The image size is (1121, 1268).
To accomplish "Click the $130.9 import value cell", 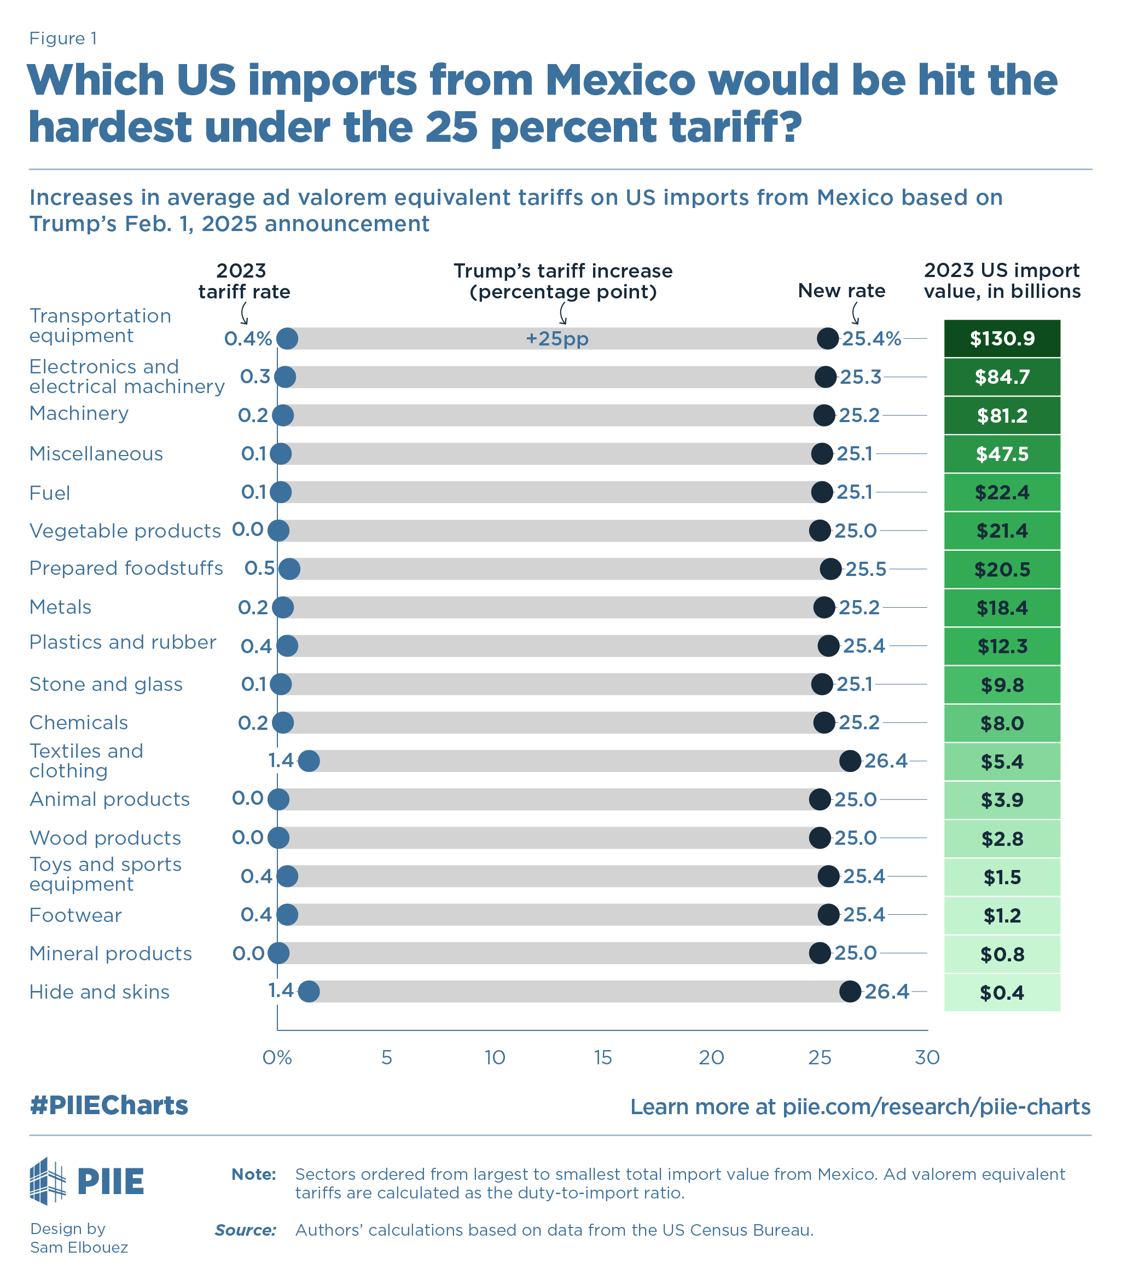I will click(x=1001, y=339).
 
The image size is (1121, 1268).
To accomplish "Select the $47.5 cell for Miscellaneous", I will click(x=1001, y=454).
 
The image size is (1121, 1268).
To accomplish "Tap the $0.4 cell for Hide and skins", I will click(x=1001, y=993).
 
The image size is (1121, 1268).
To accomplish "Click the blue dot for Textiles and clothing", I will click(x=309, y=761).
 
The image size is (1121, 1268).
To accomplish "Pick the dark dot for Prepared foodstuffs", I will click(x=830, y=569).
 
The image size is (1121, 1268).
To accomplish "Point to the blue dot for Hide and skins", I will click(x=309, y=992).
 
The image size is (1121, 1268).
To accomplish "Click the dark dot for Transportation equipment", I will click(x=828, y=339).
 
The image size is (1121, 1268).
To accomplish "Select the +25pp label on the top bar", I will click(x=557, y=339).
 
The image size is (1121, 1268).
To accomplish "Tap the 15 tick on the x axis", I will click(x=603, y=1057).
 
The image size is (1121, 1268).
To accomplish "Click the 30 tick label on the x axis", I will click(x=927, y=1057).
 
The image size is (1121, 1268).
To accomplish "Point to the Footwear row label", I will click(x=75, y=915).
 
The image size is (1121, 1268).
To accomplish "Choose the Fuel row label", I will click(x=50, y=493).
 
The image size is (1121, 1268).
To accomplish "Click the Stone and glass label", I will click(x=106, y=684).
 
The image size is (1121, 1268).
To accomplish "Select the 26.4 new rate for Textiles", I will click(x=885, y=761).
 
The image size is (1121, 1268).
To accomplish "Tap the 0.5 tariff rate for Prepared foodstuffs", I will click(x=259, y=568).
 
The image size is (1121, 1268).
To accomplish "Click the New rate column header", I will click(x=841, y=290).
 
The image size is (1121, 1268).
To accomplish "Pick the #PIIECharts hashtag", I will click(x=108, y=1105).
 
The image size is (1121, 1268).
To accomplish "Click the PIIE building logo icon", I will click(x=48, y=1180).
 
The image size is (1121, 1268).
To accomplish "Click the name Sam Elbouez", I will click(x=79, y=1247).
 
